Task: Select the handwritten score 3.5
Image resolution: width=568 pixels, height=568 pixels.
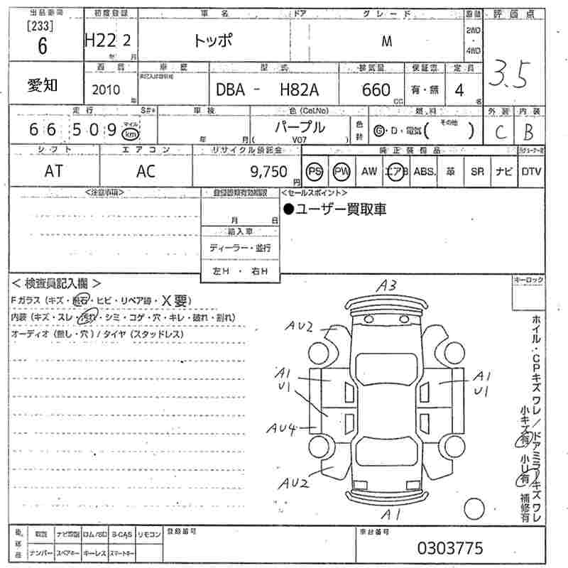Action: point(510,75)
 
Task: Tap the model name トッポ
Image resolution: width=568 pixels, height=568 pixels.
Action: point(212,40)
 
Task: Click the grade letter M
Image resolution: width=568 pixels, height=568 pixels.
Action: point(387,40)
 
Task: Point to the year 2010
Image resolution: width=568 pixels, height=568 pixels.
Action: point(106,89)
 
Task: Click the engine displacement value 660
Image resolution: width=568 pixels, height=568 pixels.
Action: point(376,89)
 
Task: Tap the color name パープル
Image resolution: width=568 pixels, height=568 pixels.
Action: point(300,128)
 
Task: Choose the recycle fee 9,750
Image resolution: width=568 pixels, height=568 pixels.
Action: point(269,171)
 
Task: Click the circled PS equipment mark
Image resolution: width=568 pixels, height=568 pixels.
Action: point(315,171)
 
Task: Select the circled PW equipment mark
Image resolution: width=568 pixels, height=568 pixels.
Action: point(342,171)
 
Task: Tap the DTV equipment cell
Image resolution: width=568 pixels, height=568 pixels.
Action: point(530,171)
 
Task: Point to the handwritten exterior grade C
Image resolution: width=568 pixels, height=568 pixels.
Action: point(498,132)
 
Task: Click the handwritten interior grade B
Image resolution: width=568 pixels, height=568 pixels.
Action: point(528,132)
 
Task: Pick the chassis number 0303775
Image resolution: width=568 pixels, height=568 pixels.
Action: point(451,547)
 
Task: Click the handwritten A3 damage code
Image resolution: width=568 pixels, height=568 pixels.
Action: point(386,287)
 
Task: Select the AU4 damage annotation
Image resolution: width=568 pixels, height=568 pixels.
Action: point(282,428)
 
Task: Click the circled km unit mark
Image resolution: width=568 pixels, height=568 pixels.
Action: point(129,133)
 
